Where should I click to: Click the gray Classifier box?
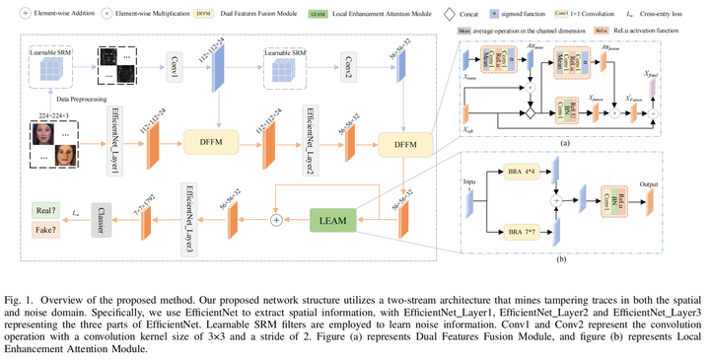pyautogui.click(x=99, y=219)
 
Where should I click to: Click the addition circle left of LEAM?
pyautogui.click(x=276, y=219)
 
